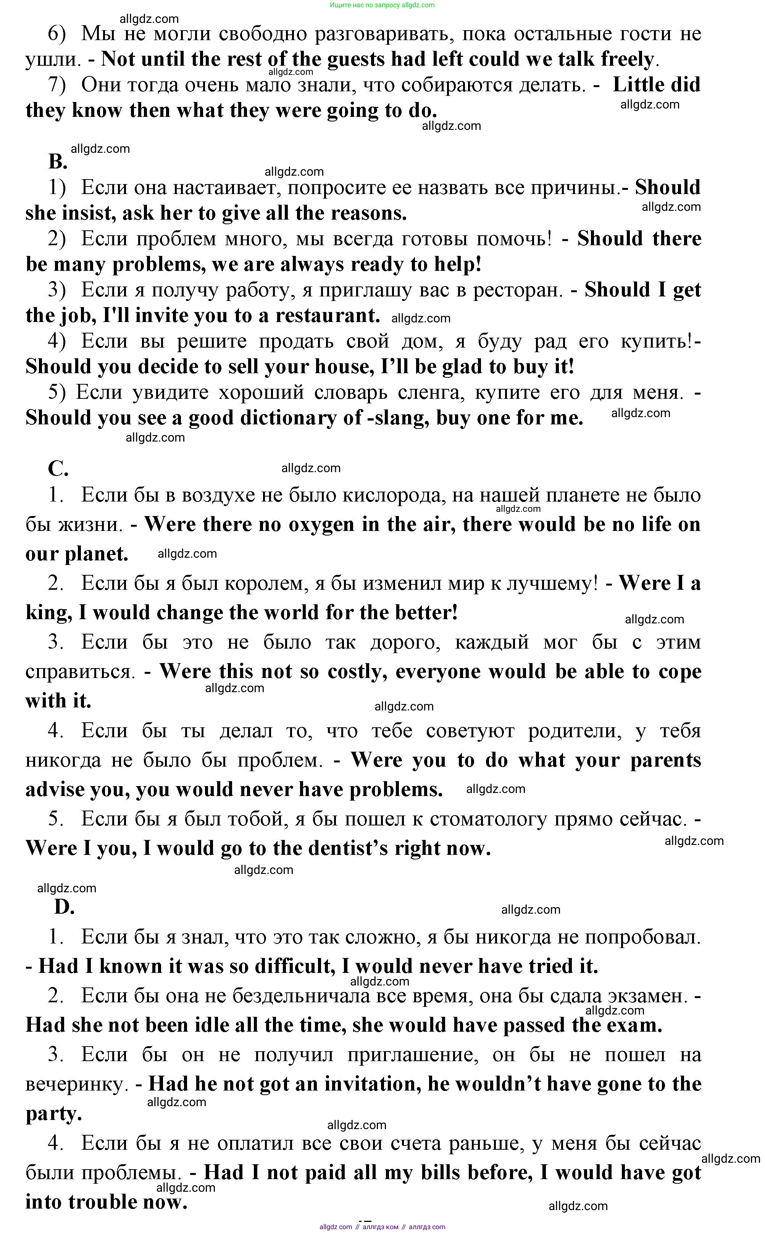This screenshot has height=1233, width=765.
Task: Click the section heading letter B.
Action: [x=58, y=162]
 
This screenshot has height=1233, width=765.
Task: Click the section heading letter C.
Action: [x=58, y=469]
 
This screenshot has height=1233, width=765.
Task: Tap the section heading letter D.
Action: [x=64, y=907]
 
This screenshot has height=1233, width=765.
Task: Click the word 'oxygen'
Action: [x=321, y=525]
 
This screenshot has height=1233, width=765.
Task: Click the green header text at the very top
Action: [x=382, y=5]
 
